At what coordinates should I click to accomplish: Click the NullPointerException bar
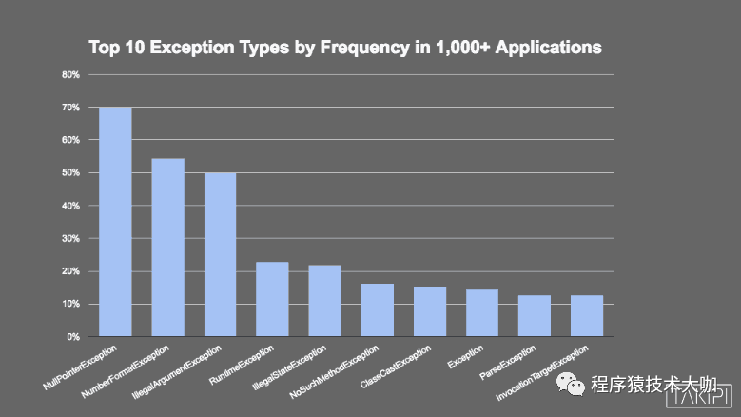[x=115, y=221]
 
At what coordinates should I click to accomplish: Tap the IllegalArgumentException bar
[x=220, y=254]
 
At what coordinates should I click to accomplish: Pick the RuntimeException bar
[x=272, y=299]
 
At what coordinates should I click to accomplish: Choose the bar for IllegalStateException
[x=324, y=301]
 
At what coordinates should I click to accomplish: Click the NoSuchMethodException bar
[x=377, y=310]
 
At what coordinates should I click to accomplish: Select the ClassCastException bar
[x=430, y=311]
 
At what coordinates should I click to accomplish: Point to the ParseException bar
[x=535, y=316]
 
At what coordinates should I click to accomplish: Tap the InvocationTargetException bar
[x=587, y=316]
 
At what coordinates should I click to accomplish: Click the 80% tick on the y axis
[x=70, y=74]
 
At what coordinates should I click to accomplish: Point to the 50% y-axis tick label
[x=70, y=173]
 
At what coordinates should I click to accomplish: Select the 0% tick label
[x=73, y=337]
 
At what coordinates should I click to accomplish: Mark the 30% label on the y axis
[x=70, y=239]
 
